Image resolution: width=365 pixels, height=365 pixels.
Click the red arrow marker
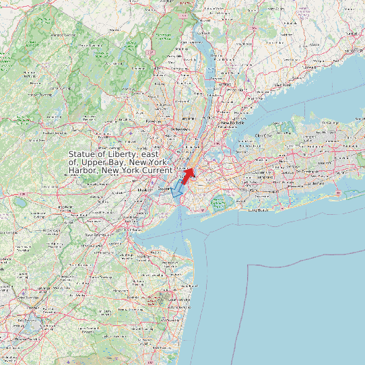[x=188, y=175]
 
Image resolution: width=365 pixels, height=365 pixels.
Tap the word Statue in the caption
[x=83, y=156]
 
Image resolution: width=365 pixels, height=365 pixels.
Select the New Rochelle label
[x=233, y=123]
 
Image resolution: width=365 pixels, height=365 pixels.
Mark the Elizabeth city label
[x=145, y=191]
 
